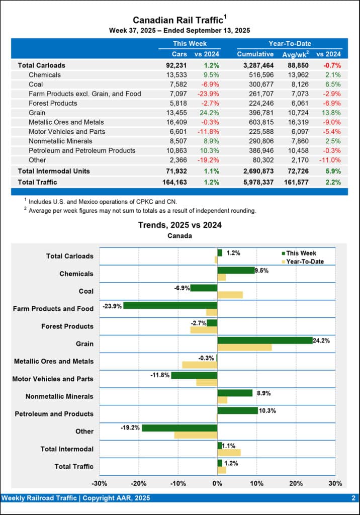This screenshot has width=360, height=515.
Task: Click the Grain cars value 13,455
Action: tap(176, 113)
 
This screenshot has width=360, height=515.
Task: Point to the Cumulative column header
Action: tap(255, 54)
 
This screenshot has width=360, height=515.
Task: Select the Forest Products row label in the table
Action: tap(53, 103)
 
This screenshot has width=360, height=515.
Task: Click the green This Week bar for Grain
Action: tap(264, 340)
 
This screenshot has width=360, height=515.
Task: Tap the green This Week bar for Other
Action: tap(179, 428)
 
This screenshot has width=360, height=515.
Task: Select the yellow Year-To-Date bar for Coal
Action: tap(230, 295)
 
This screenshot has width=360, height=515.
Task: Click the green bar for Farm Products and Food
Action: tap(170, 305)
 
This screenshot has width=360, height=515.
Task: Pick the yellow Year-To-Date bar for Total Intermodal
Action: tap(229, 453)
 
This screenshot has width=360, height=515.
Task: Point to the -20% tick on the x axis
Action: tap(138, 483)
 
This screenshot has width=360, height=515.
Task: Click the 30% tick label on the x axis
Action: tap(335, 483)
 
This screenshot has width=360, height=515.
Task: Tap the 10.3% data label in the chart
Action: tap(267, 410)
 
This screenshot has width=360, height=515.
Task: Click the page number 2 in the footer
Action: tap(353, 498)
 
